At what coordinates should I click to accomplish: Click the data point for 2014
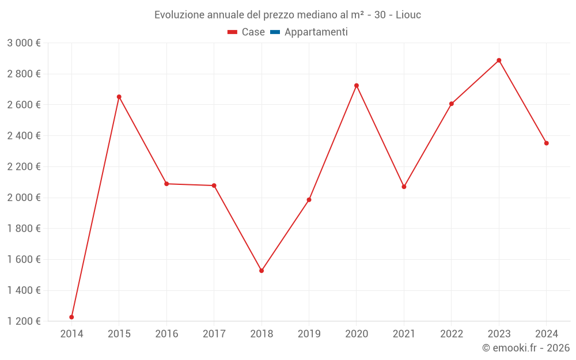click(x=71, y=317)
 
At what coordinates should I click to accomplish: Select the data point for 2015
click(x=119, y=97)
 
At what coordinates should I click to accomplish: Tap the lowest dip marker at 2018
click(x=262, y=271)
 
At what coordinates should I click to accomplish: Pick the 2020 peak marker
click(x=357, y=85)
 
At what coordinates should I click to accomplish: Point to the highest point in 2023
click(x=499, y=60)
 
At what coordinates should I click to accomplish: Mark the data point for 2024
click(x=547, y=143)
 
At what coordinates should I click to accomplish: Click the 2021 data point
click(x=404, y=187)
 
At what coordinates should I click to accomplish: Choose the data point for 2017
click(x=214, y=185)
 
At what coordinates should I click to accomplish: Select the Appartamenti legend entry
click(x=316, y=32)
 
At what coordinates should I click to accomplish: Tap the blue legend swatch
click(x=275, y=32)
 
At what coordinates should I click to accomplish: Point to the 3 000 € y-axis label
click(x=24, y=43)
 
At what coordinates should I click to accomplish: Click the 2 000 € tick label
click(x=24, y=198)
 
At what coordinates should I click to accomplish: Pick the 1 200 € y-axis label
click(x=24, y=321)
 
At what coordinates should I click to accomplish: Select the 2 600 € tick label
click(x=24, y=105)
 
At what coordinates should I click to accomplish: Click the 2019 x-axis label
click(x=309, y=334)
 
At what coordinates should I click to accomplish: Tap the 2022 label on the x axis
click(x=452, y=334)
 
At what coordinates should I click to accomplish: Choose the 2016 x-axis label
click(x=166, y=334)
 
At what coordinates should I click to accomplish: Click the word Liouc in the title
click(x=408, y=15)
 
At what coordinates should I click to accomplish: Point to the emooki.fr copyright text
click(x=525, y=348)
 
